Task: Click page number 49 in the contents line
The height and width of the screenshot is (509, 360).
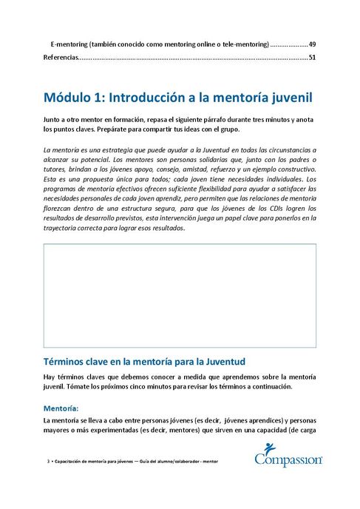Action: coord(313,44)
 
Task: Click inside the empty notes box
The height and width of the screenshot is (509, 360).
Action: coord(180,294)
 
